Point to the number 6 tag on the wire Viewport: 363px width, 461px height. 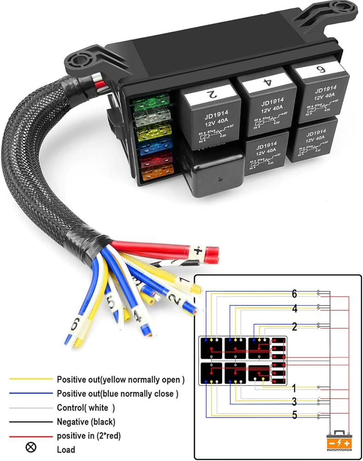[74, 325]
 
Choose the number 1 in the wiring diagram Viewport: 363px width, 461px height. [293, 388]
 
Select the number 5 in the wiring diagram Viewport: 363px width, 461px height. [294, 415]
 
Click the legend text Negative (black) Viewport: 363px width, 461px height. [86, 421]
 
